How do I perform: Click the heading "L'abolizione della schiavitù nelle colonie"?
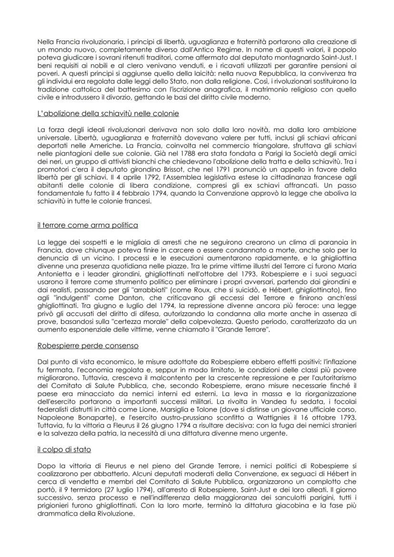point(108,114)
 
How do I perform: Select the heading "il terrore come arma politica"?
point(88,225)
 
